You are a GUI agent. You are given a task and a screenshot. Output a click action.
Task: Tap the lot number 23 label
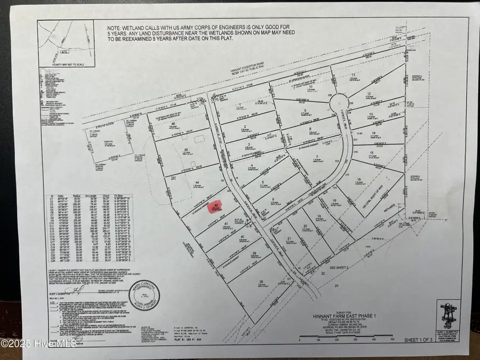(x=336, y=286)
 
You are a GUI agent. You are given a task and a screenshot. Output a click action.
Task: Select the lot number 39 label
(x=254, y=253)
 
